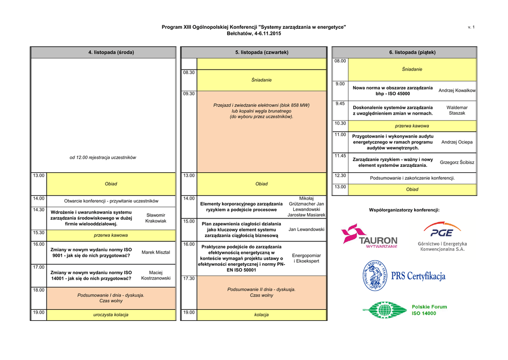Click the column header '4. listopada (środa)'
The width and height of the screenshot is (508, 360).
(111, 52)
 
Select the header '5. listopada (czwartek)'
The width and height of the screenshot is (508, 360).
(261, 52)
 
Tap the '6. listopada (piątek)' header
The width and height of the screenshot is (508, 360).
(412, 52)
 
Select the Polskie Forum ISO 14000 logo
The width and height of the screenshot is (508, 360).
(404, 310)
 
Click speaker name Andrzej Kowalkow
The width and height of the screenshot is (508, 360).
(457, 90)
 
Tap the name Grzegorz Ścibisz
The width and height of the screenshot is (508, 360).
(457, 162)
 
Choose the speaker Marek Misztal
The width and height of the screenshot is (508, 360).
(156, 252)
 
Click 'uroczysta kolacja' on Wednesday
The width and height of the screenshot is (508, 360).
(111, 315)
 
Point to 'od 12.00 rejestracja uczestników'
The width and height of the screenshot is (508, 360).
(103, 157)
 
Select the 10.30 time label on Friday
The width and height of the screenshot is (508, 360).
(340, 123)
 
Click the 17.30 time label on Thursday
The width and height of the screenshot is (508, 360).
(189, 279)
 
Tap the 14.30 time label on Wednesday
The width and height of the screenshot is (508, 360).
(38, 210)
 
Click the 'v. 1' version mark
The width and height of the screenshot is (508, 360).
(471, 27)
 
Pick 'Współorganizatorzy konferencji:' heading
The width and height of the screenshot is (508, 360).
(404, 210)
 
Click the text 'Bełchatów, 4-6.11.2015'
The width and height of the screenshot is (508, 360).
(254, 33)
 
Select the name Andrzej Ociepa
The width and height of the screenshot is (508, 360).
(457, 142)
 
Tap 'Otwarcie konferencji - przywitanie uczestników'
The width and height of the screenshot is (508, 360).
(111, 201)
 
